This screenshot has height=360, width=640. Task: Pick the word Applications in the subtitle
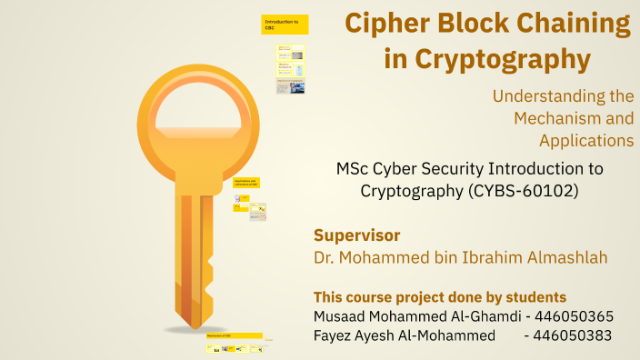(x=585, y=140)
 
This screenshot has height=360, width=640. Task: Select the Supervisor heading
(x=356, y=235)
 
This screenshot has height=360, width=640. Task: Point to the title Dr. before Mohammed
(x=325, y=257)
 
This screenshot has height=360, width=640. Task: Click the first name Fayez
(x=335, y=335)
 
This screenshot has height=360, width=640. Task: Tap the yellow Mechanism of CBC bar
(x=235, y=335)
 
